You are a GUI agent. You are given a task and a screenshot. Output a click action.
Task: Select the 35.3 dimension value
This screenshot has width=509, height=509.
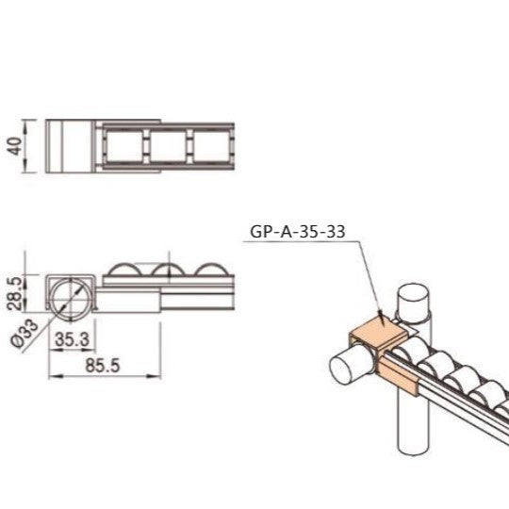pos(72,337)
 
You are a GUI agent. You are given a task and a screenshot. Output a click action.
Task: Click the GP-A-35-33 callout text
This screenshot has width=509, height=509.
pos(296,230)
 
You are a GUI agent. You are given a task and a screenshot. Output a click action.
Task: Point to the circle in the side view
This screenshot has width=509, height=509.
pos(70,295)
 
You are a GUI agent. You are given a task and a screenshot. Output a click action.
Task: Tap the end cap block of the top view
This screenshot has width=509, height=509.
pos(68,147)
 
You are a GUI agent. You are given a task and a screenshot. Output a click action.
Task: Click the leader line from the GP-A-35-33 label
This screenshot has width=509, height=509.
pos(364,273)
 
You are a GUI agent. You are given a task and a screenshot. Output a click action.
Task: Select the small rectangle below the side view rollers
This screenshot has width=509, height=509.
pos(128,302)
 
